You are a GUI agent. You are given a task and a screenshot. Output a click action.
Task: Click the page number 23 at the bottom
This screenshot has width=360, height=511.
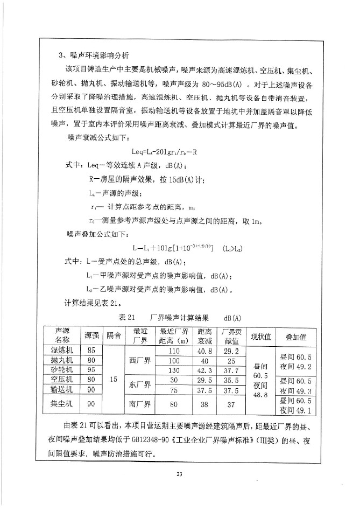180,474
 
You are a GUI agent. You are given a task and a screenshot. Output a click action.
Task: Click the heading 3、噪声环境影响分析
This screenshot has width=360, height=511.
95,56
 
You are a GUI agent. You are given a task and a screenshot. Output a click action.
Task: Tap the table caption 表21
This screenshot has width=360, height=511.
129,317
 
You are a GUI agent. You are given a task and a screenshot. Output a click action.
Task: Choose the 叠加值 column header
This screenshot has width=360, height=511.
296,337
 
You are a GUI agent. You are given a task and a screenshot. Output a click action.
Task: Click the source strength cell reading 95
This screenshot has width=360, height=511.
91,370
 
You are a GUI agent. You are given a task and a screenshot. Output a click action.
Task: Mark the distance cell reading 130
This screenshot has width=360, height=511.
174,370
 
